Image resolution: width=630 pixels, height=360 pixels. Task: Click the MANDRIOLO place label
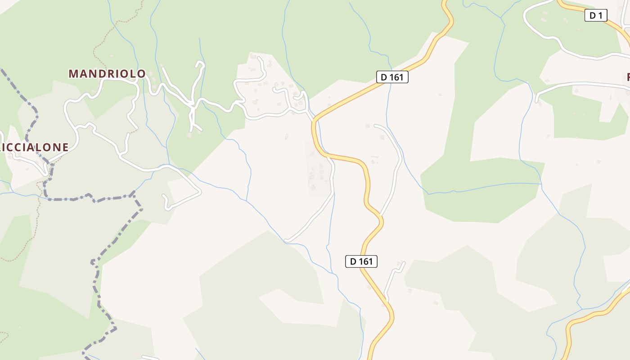[x=107, y=74]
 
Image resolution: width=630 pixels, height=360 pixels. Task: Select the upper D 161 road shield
[x=392, y=77]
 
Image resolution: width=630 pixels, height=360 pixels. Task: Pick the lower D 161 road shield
[x=361, y=261]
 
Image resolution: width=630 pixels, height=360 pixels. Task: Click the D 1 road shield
[x=596, y=15]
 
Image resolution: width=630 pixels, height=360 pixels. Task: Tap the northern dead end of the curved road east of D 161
[x=375, y=126]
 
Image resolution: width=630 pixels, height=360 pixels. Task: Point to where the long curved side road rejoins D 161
[x=381, y=216]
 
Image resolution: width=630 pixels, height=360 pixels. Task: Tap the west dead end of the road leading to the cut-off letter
[x=537, y=101]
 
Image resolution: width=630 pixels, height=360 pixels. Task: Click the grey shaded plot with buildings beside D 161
[x=317, y=169]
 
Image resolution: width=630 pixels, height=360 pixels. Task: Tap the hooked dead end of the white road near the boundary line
[x=164, y=197]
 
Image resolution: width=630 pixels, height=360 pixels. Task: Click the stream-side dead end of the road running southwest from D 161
[x=286, y=240]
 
